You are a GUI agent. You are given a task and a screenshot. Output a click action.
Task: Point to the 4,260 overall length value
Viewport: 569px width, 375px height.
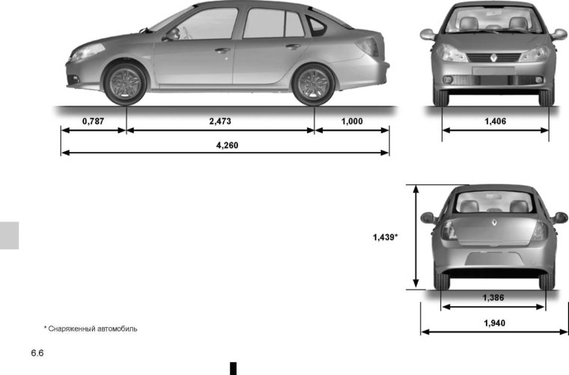point(227,145)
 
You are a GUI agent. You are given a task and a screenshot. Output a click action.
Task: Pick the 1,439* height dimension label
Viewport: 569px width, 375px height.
point(385,237)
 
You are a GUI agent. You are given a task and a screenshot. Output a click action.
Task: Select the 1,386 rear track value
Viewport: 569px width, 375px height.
point(493,298)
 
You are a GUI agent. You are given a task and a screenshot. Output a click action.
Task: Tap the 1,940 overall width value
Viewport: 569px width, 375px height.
point(494,323)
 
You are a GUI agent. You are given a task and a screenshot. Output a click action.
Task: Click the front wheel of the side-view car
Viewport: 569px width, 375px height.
point(125,82)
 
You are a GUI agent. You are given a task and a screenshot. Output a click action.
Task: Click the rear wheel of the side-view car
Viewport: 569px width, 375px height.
point(313,84)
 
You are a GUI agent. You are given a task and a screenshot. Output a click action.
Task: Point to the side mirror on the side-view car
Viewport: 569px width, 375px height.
point(173,34)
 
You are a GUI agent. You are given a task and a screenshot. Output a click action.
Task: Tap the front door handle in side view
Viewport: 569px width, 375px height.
point(222,50)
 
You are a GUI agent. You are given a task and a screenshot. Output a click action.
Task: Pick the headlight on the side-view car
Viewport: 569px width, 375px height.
point(87,51)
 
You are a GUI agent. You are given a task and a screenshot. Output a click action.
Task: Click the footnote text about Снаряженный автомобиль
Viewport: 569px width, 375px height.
point(91,329)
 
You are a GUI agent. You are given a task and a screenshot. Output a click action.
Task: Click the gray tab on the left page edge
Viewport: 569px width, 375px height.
point(8,235)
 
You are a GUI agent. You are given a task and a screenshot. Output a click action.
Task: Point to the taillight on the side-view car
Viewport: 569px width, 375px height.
point(367,46)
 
